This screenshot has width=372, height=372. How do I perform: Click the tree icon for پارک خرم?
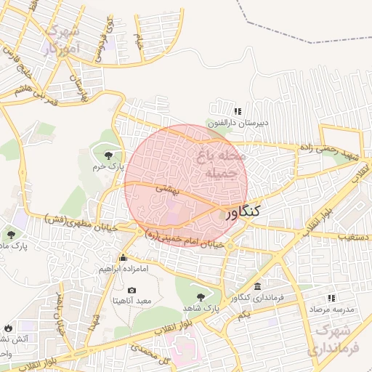click(x=109, y=154)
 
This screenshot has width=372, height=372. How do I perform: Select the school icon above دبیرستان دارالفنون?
click(x=237, y=111)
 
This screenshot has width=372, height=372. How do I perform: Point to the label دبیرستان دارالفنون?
click(x=238, y=123)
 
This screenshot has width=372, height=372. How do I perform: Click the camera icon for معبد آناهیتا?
click(x=132, y=290)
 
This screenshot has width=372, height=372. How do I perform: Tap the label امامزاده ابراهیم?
click(x=124, y=269)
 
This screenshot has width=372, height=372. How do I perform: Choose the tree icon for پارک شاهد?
click(x=201, y=296)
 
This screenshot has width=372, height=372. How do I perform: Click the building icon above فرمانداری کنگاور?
click(x=258, y=286)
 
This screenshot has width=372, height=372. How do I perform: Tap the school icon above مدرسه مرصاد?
click(x=331, y=298)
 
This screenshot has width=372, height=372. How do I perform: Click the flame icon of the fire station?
click(x=8, y=328)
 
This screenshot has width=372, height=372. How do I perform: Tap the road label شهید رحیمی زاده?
click(x=332, y=149)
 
